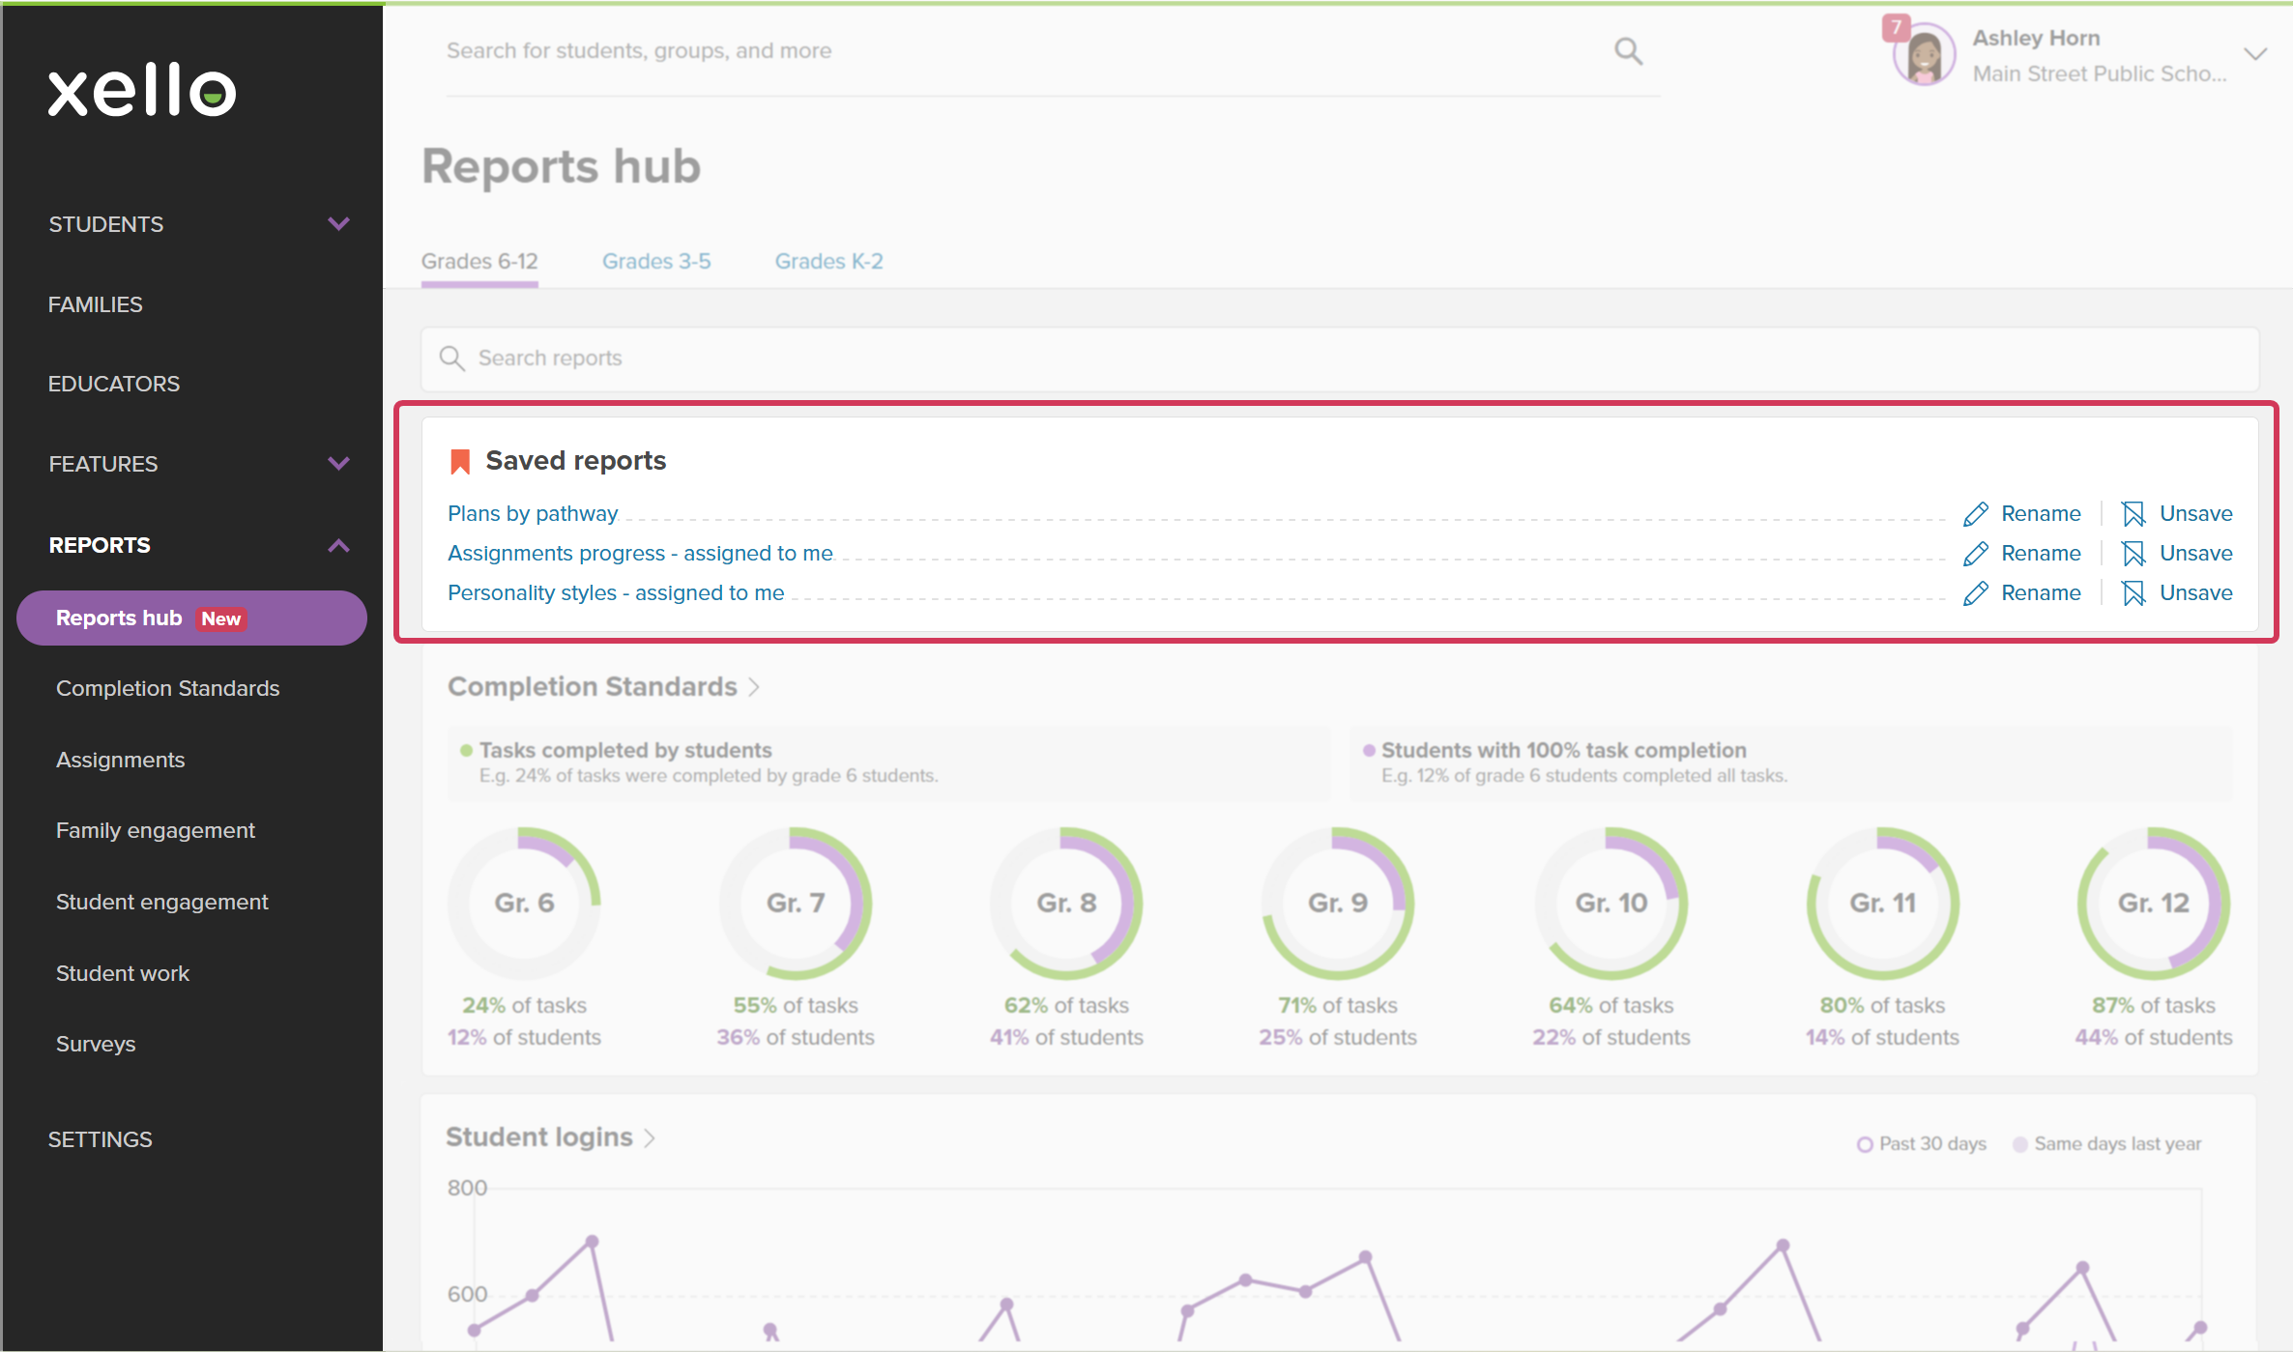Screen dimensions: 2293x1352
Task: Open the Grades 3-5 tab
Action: click(656, 261)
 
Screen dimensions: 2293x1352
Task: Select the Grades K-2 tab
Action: click(828, 261)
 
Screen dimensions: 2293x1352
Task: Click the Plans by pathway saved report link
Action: click(533, 513)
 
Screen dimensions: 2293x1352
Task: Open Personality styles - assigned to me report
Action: click(616, 592)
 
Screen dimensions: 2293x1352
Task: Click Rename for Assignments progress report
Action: click(2022, 553)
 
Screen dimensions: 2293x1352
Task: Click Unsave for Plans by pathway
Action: click(2177, 513)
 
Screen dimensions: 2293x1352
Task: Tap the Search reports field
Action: click(1340, 359)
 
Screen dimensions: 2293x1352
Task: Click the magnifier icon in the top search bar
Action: click(1629, 50)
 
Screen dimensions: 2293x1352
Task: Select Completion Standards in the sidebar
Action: click(167, 688)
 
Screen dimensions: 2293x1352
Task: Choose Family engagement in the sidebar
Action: click(156, 830)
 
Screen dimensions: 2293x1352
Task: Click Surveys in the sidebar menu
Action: click(96, 1044)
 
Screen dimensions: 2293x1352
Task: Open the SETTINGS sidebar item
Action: click(101, 1139)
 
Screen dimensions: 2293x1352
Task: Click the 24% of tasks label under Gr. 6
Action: click(524, 1005)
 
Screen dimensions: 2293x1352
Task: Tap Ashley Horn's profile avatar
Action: click(1924, 55)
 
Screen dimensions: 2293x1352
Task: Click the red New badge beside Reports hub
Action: click(221, 618)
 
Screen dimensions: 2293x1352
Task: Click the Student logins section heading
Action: click(539, 1137)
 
